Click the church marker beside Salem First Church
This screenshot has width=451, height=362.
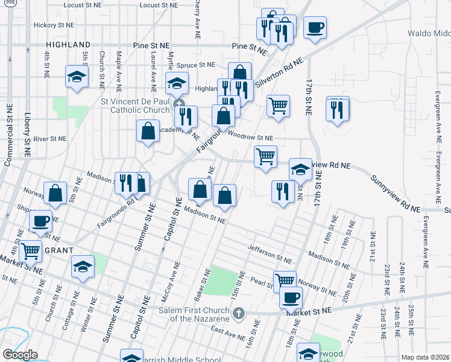239,313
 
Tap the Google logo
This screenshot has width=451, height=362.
20,354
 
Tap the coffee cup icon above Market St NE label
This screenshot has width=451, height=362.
291,297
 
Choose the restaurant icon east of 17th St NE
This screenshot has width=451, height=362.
338,109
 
